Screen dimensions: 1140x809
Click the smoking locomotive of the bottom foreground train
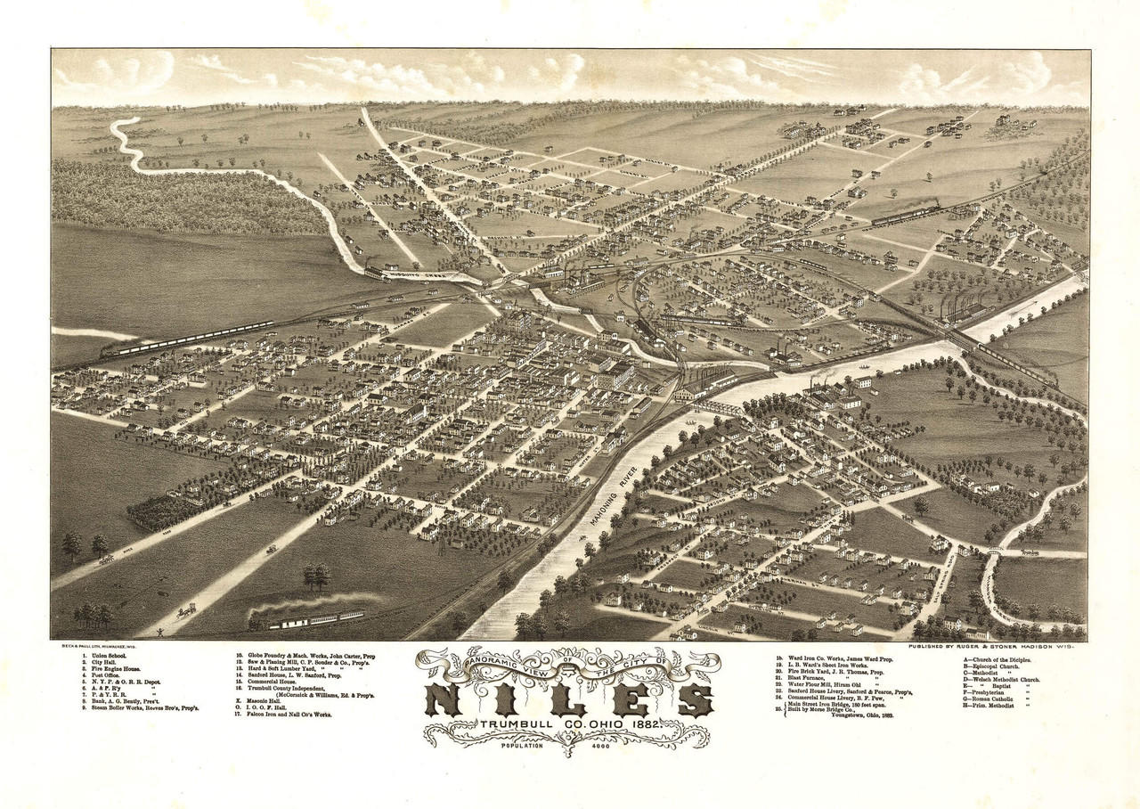pyautogui.click(x=262, y=619)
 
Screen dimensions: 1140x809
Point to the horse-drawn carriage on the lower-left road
pyautogui.click(x=186, y=611)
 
